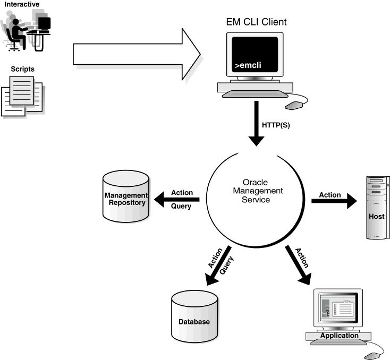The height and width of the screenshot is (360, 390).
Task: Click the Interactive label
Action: tap(22, 4)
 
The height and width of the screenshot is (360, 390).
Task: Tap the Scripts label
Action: tap(23, 69)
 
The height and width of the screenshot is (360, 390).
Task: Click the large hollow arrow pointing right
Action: tap(137, 54)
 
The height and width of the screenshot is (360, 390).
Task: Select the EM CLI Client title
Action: tap(256, 22)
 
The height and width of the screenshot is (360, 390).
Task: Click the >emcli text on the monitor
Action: tap(248, 65)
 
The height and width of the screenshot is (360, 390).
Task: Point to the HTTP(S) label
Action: tap(276, 125)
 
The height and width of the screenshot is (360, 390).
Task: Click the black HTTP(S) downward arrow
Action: tap(257, 123)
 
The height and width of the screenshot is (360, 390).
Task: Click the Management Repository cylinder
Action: tap(126, 196)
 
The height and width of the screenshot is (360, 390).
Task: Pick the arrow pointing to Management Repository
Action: tap(177, 200)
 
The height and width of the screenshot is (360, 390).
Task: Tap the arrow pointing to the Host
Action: tap(334, 201)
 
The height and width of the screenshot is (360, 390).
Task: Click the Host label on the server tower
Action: tap(377, 216)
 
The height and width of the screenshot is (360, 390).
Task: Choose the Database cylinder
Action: tap(194, 316)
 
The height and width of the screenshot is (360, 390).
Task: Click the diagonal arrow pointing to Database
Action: tap(218, 266)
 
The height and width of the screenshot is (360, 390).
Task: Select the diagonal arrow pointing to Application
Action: tap(298, 265)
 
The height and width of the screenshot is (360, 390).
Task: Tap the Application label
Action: tap(340, 336)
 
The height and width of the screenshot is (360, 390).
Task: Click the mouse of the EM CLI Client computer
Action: tap(294, 106)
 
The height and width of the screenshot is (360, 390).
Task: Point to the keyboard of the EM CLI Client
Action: tap(255, 94)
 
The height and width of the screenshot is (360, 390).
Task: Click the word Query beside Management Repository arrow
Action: tap(181, 206)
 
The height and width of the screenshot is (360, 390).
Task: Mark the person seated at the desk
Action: tap(16, 34)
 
